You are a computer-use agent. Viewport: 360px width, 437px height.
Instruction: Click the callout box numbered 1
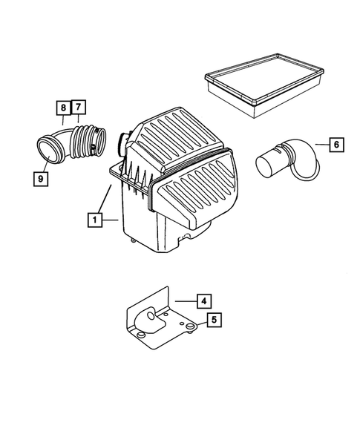click(94, 220)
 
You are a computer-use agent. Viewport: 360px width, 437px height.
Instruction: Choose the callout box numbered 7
click(79, 108)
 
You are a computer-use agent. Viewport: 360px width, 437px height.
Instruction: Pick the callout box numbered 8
click(62, 108)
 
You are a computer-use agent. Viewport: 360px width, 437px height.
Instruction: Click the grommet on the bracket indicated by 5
click(189, 326)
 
